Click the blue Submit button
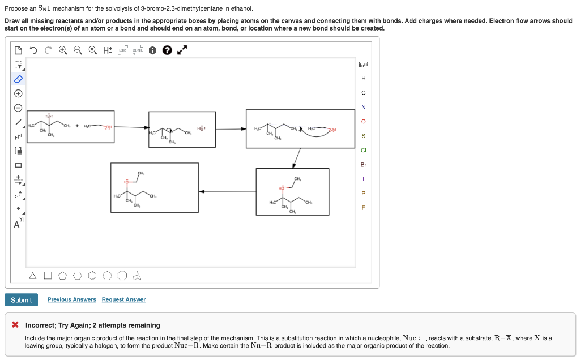(x=22, y=300)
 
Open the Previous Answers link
(x=71, y=299)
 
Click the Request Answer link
(x=123, y=299)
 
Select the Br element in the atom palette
(x=364, y=165)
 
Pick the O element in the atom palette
(x=364, y=122)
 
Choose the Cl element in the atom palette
(x=364, y=151)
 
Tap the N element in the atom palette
(x=364, y=107)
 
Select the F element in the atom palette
(x=364, y=208)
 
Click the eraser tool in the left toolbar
(x=18, y=79)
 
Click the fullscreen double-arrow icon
(x=182, y=50)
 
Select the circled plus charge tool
(x=18, y=93)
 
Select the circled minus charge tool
(x=18, y=108)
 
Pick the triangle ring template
(x=33, y=276)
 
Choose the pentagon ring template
(x=62, y=276)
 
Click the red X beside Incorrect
(x=16, y=325)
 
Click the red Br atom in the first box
(x=49, y=117)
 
